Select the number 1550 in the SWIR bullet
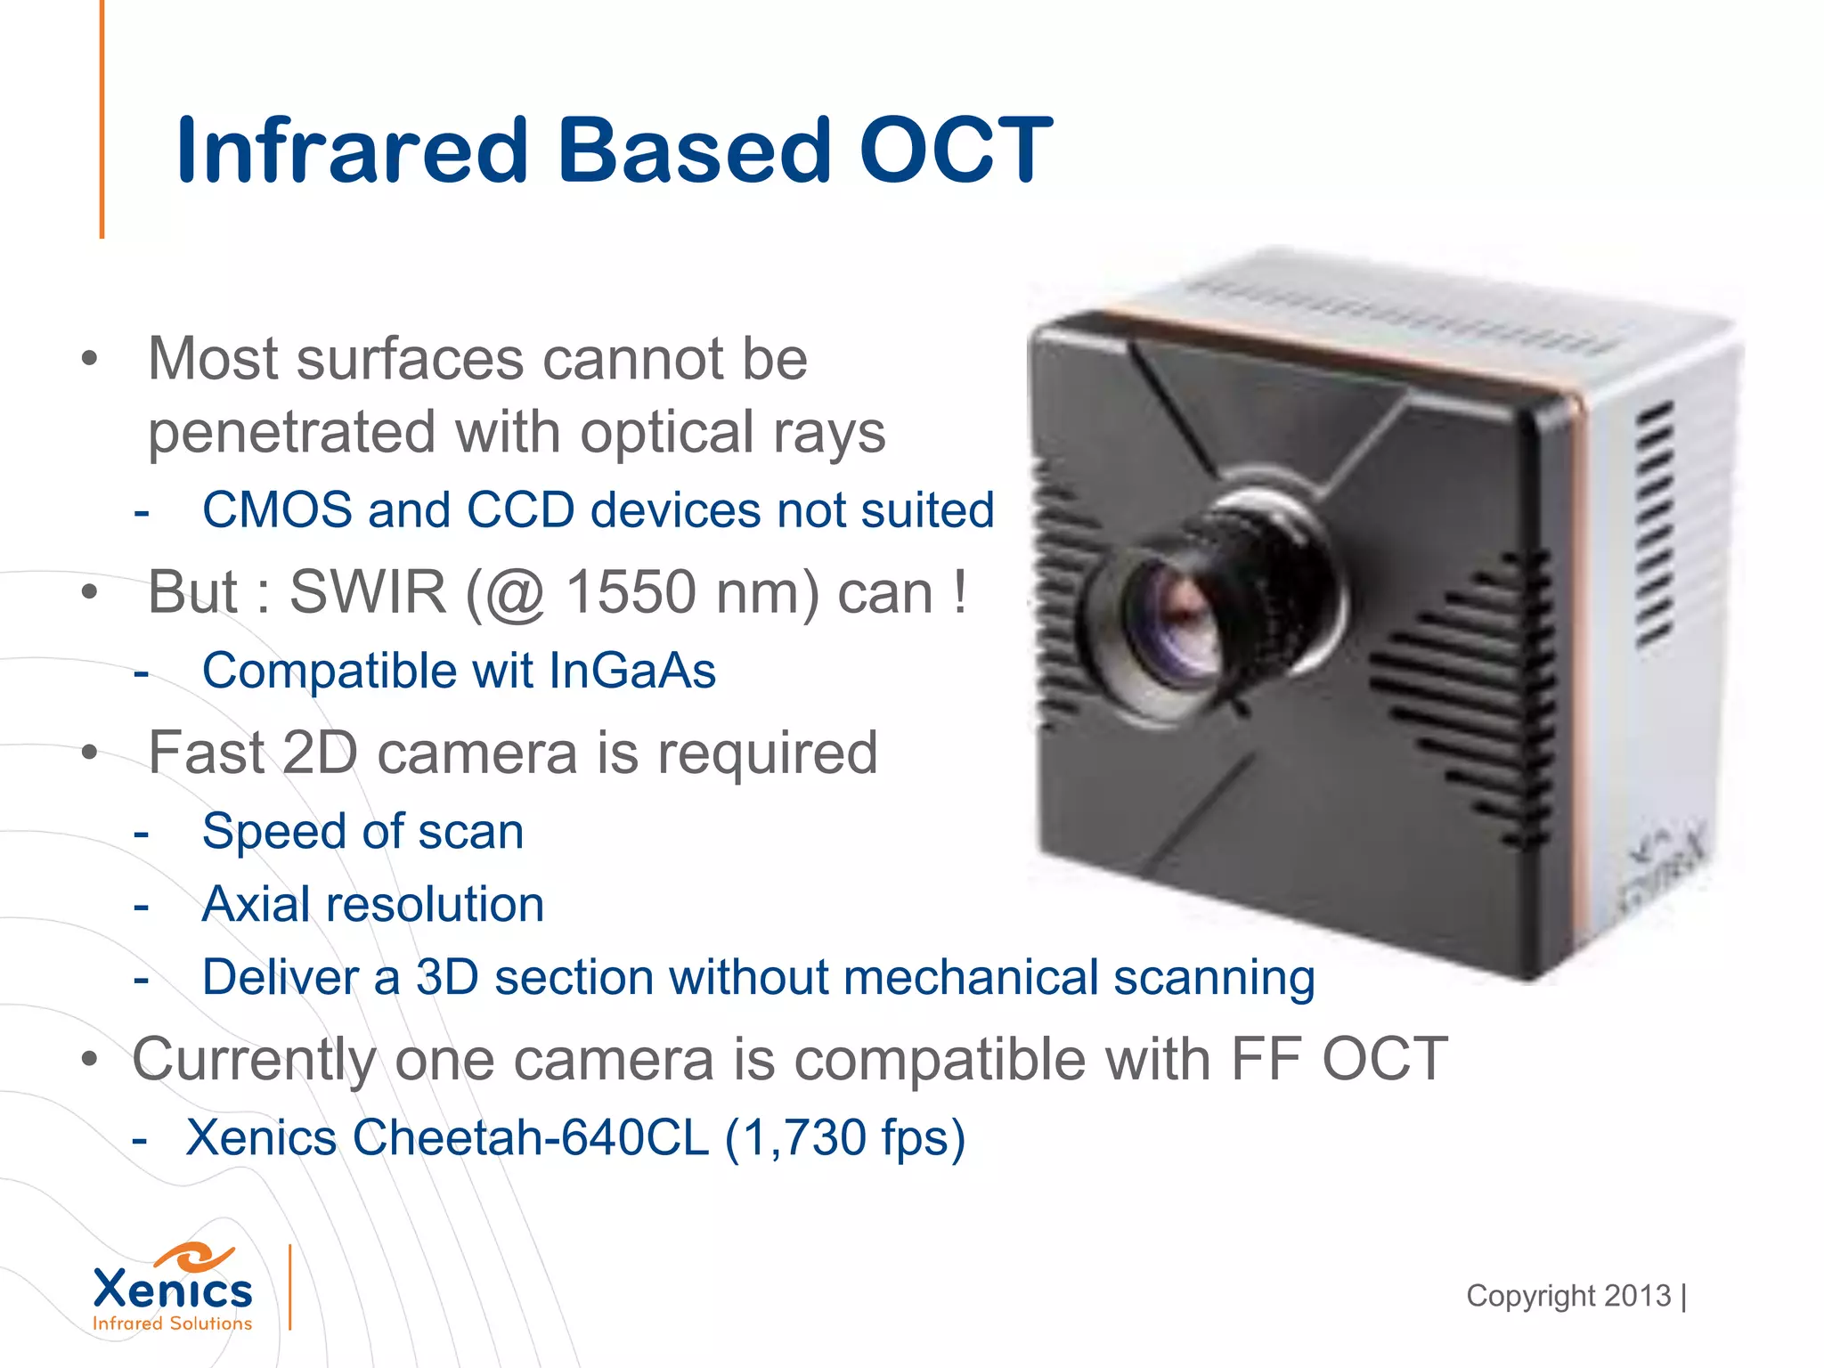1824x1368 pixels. pyautogui.click(x=631, y=592)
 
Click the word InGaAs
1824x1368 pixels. pyautogui.click(x=632, y=671)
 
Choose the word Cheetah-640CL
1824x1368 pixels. pyautogui.click(x=531, y=1138)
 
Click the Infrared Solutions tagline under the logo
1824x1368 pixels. pyautogui.click(x=173, y=1324)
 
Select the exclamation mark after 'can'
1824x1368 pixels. pyautogui.click(x=959, y=592)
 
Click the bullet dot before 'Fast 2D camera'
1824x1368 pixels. pyautogui.click(x=88, y=753)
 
